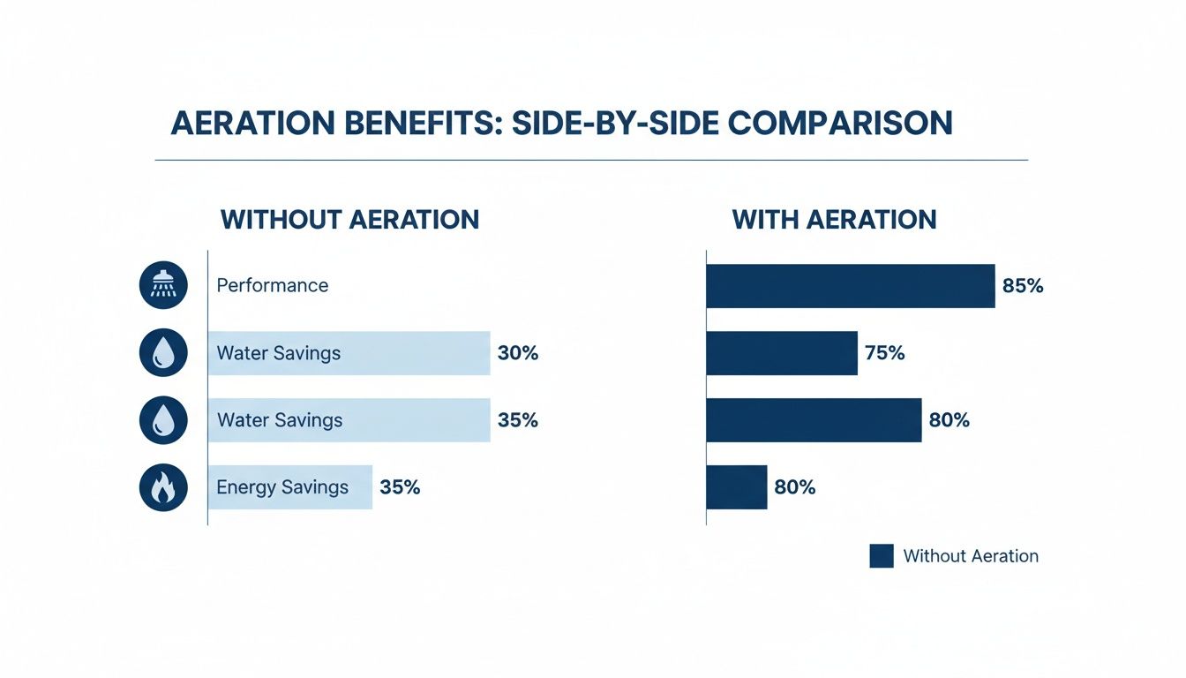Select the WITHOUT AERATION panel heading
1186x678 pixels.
coord(349,219)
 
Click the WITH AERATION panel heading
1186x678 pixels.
coord(834,219)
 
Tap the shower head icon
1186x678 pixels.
coord(163,285)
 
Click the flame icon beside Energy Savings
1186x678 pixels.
coord(163,487)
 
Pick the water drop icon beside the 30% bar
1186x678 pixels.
coord(163,353)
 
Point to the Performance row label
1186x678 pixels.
coord(272,285)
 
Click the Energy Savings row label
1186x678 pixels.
coord(282,487)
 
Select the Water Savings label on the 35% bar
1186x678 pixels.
coord(280,420)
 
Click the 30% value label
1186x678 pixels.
coord(517,353)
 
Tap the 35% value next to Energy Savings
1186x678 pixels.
coord(400,487)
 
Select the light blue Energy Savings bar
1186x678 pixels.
coord(290,487)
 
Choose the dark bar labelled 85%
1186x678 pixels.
coord(850,285)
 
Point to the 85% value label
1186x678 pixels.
coord(1023,285)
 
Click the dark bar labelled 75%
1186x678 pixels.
coord(782,353)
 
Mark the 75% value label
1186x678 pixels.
coord(885,353)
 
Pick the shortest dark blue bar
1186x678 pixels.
coord(737,487)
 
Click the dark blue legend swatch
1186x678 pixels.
coord(882,555)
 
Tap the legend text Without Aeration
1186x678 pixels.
coord(971,556)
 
